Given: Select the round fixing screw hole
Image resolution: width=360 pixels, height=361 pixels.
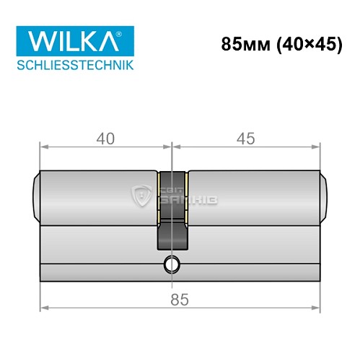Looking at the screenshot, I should click(x=171, y=265).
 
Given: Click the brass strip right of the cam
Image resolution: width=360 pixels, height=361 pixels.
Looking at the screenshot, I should click(x=187, y=197).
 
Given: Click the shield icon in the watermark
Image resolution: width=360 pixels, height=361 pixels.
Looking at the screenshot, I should click(x=141, y=193).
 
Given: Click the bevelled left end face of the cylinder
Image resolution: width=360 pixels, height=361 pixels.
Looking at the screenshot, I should click(x=37, y=196).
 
